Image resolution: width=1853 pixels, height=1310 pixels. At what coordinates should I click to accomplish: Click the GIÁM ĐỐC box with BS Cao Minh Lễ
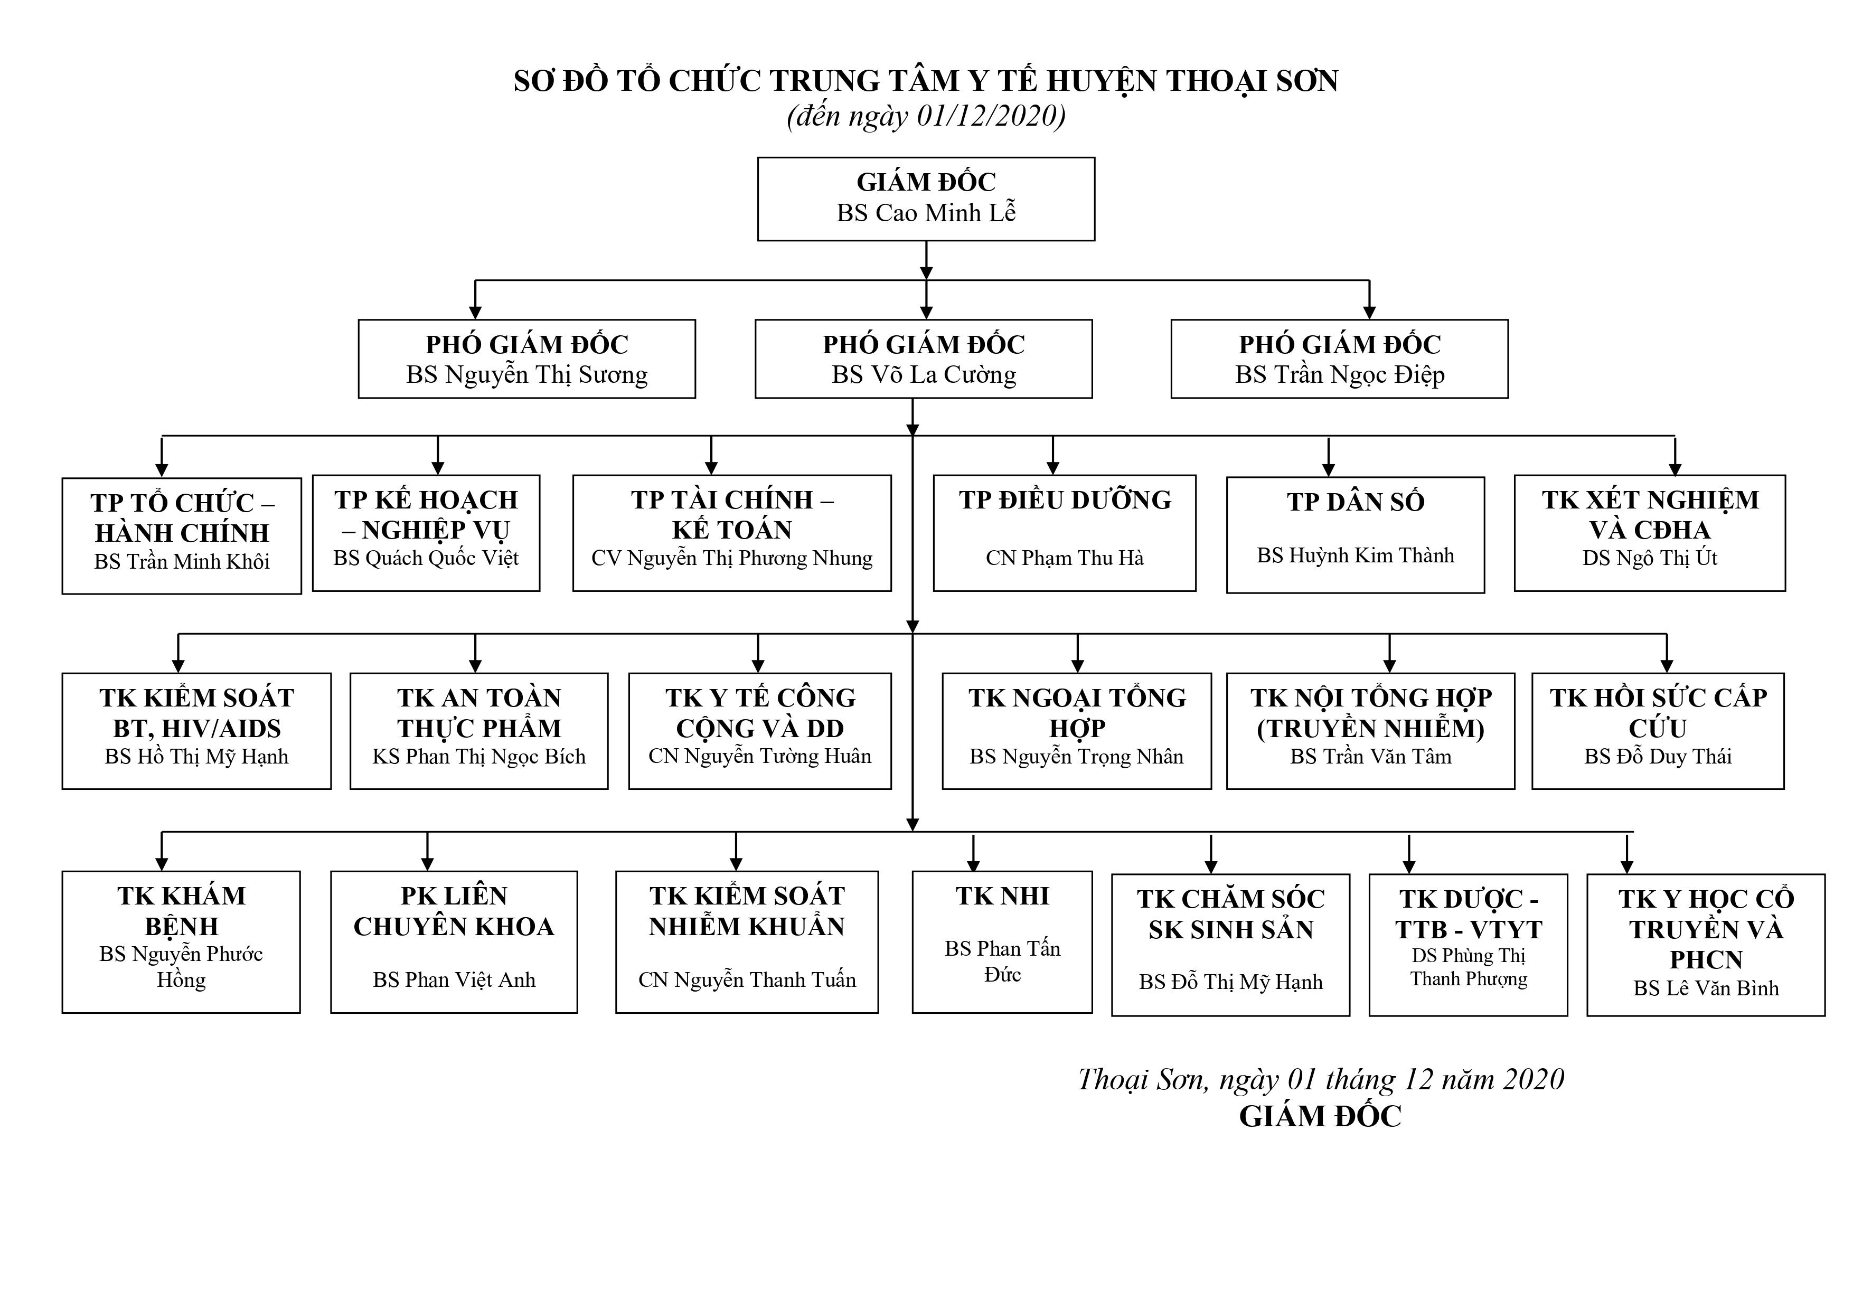point(926,199)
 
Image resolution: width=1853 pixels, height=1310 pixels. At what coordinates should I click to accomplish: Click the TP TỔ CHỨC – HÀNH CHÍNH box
point(182,536)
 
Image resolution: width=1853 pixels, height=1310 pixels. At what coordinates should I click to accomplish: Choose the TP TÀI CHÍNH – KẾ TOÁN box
point(731,533)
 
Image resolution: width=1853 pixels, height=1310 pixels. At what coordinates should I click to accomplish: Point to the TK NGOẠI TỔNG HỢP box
point(1077,730)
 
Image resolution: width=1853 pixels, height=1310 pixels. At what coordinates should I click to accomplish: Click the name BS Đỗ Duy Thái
point(1657,756)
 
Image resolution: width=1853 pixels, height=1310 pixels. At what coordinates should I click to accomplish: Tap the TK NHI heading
point(1002,896)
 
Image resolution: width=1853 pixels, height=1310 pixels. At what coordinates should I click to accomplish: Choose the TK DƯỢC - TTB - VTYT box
point(1468,945)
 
